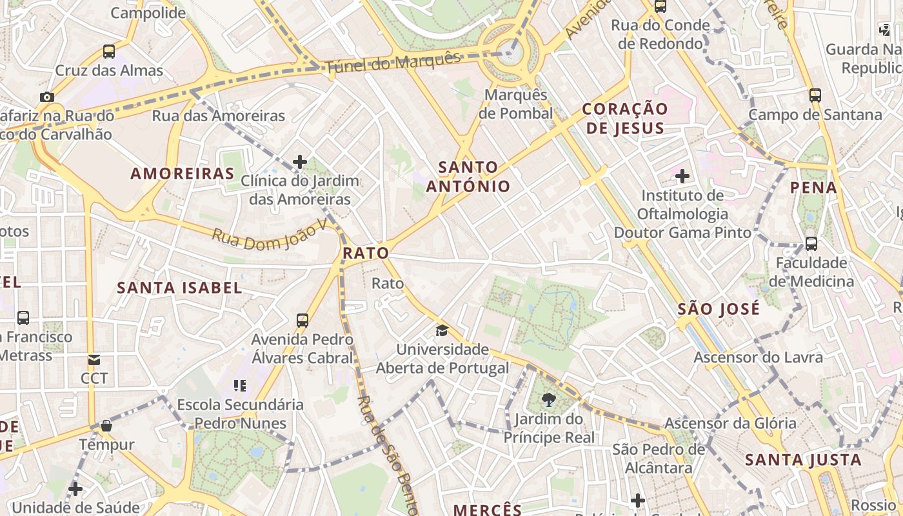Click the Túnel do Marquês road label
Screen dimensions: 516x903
[393, 63]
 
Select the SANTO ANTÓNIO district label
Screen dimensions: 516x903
[468, 177]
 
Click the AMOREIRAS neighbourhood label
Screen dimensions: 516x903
[183, 174]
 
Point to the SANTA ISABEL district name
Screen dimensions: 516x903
[179, 288]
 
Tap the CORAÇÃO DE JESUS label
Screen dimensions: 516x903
[624, 118]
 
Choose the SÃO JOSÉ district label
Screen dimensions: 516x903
[719, 309]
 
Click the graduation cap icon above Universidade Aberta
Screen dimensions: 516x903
[442, 331]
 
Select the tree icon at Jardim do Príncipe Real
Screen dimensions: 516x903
[549, 400]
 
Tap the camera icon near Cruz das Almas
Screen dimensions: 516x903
[46, 97]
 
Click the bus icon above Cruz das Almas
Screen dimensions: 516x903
[109, 52]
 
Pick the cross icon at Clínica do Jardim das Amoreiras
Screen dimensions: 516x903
[300, 162]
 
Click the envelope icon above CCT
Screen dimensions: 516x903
[94, 359]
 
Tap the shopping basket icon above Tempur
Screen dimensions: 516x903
[106, 426]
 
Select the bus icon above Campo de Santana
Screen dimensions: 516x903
[815, 95]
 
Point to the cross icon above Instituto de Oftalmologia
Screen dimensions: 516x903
[682, 175]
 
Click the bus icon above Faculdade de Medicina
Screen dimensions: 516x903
[811, 244]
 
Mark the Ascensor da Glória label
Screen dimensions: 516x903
[730, 424]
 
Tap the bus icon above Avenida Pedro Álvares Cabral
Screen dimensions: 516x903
[302, 320]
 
